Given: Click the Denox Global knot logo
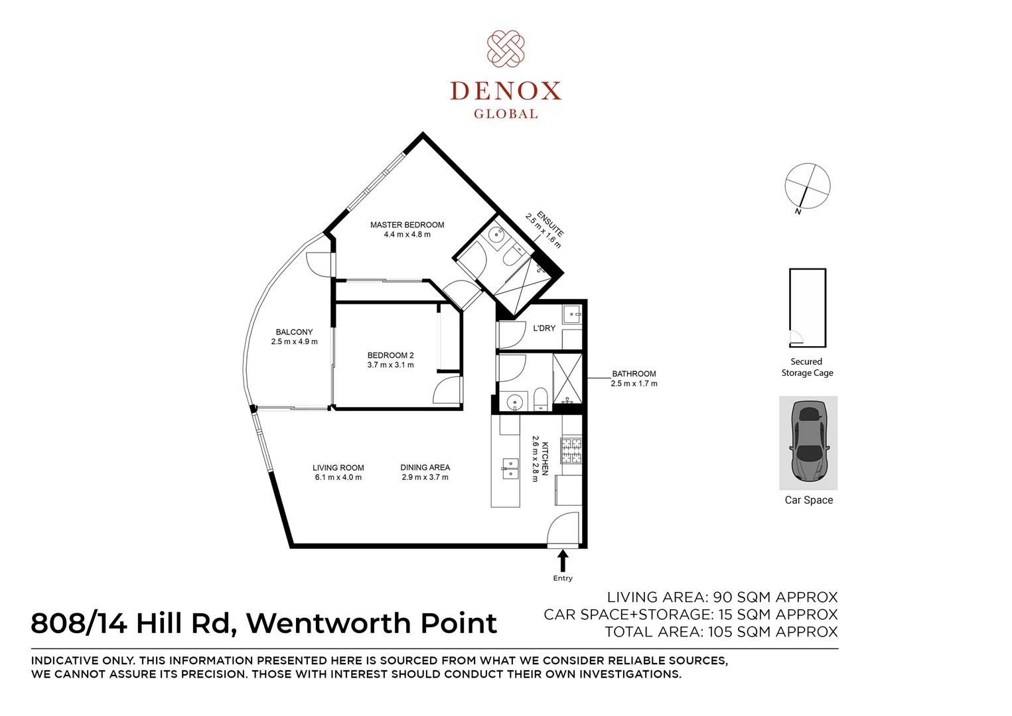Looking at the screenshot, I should tap(506, 49).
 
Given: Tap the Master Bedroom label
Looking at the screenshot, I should tap(407, 229).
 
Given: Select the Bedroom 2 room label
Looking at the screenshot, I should tap(390, 360).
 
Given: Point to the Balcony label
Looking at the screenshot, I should tap(294, 337).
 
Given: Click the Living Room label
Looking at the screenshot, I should tap(338, 472).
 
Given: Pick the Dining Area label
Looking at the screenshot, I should tap(425, 472).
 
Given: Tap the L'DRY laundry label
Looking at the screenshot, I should tap(544, 328).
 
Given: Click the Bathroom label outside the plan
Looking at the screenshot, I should tap(634, 379).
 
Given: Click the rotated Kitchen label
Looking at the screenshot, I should tap(540, 458).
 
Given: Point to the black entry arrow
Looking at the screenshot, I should tap(563, 561).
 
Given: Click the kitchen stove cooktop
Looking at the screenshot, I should tap(571, 451).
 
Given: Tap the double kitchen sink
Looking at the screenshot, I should tap(509, 468).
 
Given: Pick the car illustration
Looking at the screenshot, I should tap(808, 443).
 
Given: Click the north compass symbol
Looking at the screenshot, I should tap(807, 186).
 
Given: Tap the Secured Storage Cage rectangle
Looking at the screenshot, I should tap(808, 308).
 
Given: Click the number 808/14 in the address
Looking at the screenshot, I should tap(78, 623).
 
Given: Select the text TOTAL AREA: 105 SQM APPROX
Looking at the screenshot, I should tap(721, 632).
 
